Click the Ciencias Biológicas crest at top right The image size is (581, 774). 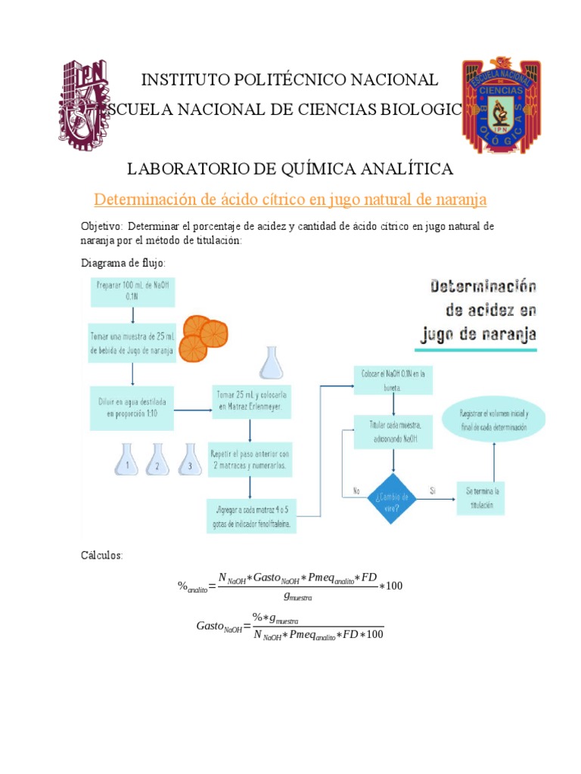501,104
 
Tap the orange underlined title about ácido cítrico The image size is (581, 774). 290,200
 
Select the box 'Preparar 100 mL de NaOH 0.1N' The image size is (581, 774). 132,291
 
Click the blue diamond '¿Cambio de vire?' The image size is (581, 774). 391,497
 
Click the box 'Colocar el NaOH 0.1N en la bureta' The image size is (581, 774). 393,380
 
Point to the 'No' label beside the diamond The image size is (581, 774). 356,491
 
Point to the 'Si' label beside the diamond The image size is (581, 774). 433,491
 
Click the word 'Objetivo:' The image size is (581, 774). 102,227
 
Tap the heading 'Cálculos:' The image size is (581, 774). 101,556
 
